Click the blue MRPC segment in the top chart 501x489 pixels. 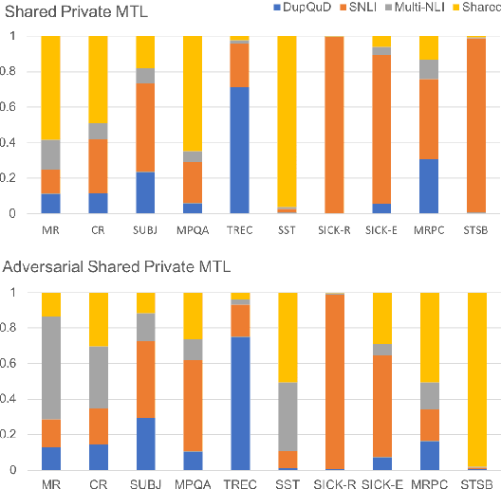(429, 186)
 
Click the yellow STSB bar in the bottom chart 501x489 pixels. (476, 379)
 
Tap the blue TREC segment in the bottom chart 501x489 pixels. (240, 404)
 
